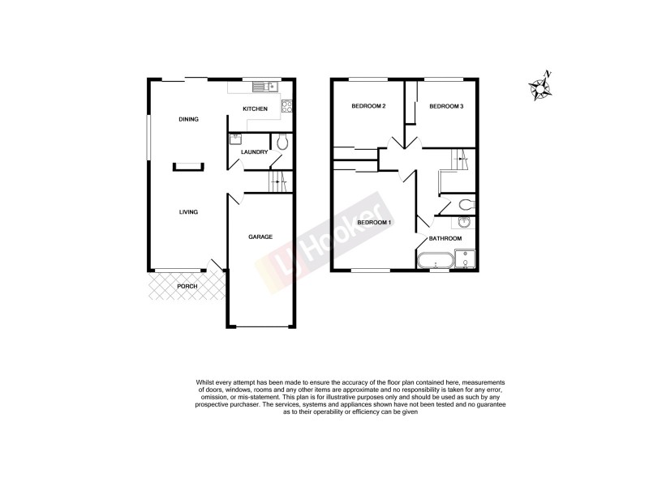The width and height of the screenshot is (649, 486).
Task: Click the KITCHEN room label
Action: tap(255, 109)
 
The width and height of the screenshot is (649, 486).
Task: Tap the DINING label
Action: tap(188, 119)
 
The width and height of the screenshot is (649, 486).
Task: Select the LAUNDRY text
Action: tap(255, 151)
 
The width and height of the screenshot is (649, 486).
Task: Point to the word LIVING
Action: tap(188, 212)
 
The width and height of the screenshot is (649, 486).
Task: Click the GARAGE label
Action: tap(260, 237)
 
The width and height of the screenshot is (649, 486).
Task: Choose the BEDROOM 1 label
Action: tap(376, 222)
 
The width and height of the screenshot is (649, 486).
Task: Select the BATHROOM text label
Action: tap(446, 238)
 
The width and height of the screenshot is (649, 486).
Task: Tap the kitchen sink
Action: tap(264, 87)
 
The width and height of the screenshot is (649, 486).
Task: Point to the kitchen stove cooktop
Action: tap(286, 106)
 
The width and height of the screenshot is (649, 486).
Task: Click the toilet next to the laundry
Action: tap(282, 142)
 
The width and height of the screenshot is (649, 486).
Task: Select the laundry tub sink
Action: tap(237, 139)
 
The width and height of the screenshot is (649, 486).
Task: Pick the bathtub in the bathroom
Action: tap(436, 261)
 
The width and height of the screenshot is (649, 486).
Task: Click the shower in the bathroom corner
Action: tap(466, 259)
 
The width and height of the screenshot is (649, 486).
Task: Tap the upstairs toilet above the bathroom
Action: tap(466, 204)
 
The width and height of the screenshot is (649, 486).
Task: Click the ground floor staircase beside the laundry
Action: tap(278, 181)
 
